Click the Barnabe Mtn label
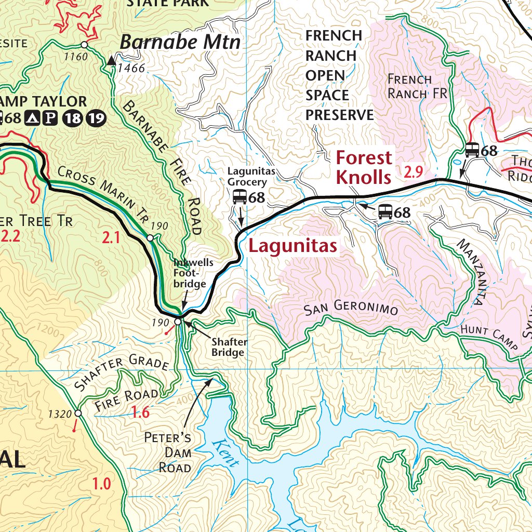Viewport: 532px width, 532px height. click(180, 42)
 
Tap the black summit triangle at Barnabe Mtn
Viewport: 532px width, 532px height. click(111, 61)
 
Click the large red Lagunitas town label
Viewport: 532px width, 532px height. click(293, 246)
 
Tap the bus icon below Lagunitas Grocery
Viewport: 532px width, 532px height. click(240, 197)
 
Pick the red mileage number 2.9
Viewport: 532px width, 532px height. click(414, 172)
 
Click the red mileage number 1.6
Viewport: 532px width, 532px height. click(140, 413)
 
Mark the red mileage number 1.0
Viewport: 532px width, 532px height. click(102, 484)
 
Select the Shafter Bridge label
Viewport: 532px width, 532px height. click(228, 347)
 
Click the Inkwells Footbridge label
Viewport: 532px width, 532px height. click(193, 273)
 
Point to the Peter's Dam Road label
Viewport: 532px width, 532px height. click(167, 452)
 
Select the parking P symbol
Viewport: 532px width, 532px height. click(50, 118)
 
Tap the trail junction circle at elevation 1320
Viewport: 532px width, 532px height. click(78, 414)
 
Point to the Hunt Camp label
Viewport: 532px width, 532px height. click(490, 338)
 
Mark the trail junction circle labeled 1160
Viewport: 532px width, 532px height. click(84, 45)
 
